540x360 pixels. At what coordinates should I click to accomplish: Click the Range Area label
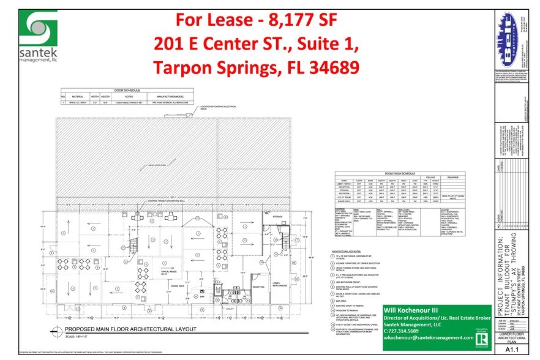(178, 285)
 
